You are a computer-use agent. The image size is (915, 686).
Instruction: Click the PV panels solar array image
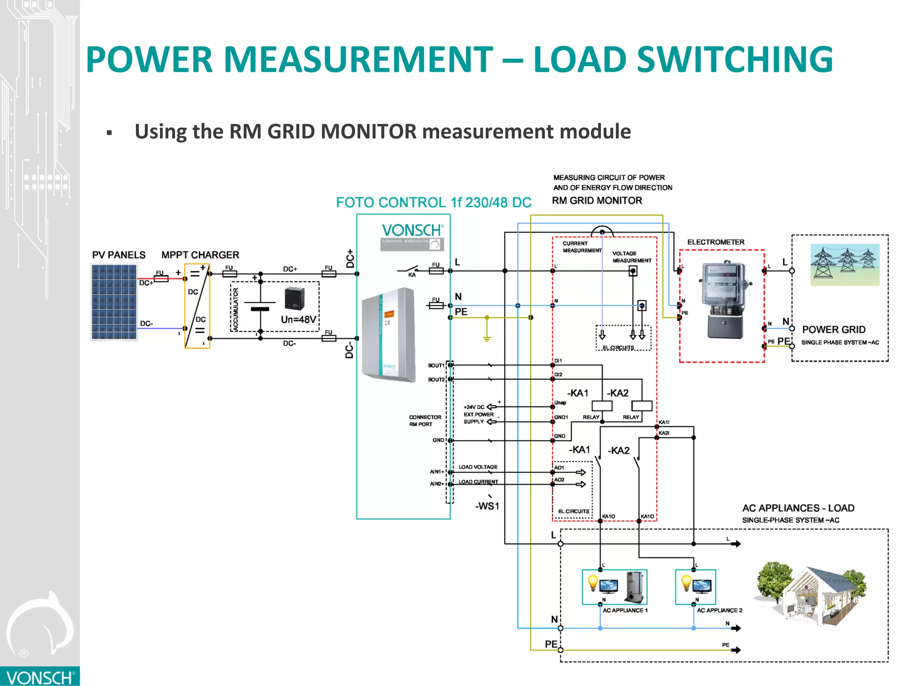click(x=114, y=302)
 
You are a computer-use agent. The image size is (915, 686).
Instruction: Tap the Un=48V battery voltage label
click(x=298, y=320)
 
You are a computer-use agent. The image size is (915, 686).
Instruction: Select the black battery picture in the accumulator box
click(x=294, y=299)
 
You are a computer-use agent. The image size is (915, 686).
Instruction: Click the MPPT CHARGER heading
click(x=200, y=255)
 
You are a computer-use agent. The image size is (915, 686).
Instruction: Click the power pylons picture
click(x=845, y=265)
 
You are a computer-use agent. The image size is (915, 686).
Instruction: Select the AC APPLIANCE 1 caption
click(x=625, y=611)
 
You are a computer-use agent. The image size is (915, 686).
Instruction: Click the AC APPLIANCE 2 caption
click(x=719, y=611)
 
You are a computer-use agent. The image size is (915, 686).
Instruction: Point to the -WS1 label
click(x=487, y=506)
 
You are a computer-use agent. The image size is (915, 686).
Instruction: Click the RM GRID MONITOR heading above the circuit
click(x=597, y=201)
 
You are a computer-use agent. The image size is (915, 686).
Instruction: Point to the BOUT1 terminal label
click(x=436, y=365)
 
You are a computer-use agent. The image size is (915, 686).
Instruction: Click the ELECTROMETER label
click(x=716, y=242)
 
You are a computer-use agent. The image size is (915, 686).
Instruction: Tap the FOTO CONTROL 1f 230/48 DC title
click(x=433, y=202)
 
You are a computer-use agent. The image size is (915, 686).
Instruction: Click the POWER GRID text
click(x=834, y=330)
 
